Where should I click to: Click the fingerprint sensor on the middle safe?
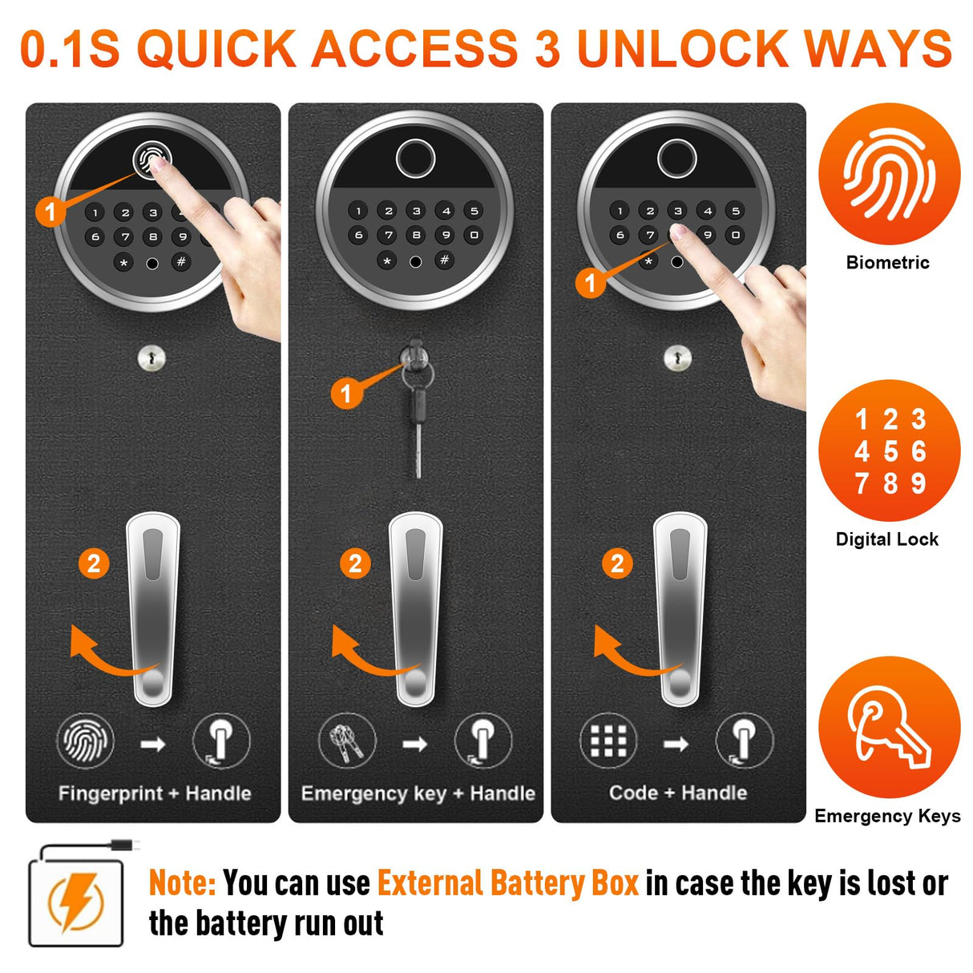[x=415, y=158]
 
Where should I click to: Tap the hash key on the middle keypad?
[x=444, y=260]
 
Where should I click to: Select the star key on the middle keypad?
[x=387, y=261]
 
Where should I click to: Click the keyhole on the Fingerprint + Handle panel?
[x=151, y=358]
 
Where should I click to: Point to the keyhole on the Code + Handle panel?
[x=677, y=358]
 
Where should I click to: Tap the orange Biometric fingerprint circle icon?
[x=889, y=174]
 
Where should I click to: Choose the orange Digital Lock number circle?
[x=889, y=450]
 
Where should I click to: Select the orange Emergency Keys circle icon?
[x=889, y=727]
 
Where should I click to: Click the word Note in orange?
[x=183, y=883]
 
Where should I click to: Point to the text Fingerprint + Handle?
[x=155, y=793]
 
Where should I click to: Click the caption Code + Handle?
[x=678, y=793]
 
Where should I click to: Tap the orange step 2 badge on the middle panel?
[x=356, y=563]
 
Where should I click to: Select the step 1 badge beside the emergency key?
[x=346, y=393]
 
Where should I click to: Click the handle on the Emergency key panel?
[x=415, y=610]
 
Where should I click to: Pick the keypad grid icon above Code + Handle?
[x=608, y=741]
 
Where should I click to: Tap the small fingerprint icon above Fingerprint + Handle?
[x=85, y=741]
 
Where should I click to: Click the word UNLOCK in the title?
[x=683, y=48]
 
